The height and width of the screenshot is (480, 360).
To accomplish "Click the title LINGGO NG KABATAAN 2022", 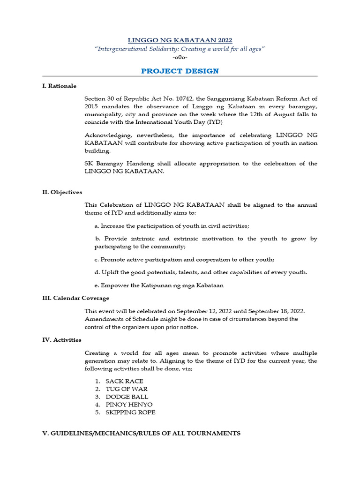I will [x=180, y=40].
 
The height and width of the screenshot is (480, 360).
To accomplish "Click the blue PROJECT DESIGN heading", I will [x=180, y=71].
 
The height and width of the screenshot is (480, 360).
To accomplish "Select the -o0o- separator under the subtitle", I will [x=180, y=57].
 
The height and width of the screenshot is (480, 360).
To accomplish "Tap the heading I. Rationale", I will [x=59, y=86].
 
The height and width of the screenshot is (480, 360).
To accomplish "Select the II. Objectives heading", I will [x=62, y=192].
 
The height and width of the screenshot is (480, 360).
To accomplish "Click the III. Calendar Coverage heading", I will [x=75, y=298].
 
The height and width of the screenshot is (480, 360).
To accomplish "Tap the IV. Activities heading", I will [x=61, y=340].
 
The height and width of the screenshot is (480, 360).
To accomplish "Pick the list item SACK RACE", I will [x=124, y=381].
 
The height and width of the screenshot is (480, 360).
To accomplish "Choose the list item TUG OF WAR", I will [x=126, y=389].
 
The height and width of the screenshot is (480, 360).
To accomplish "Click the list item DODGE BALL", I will [x=127, y=397].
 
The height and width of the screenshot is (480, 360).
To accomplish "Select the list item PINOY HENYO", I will [x=129, y=405].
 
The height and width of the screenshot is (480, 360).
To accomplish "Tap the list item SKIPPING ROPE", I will [x=130, y=412].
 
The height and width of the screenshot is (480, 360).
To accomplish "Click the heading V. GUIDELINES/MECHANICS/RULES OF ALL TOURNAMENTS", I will [x=141, y=434].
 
